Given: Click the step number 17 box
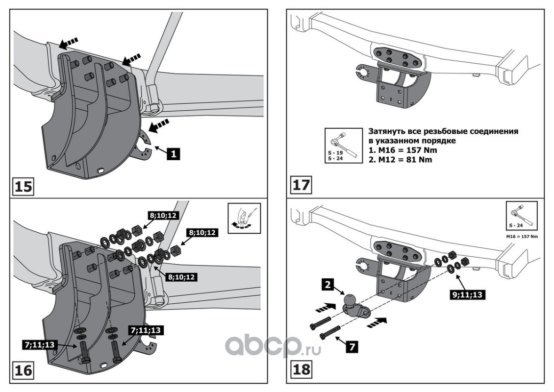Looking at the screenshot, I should [301, 186].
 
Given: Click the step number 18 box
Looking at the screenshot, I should [301, 369].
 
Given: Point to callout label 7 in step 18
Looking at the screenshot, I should [350, 346].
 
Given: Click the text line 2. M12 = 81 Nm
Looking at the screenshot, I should [398, 160].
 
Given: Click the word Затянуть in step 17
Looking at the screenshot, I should [385, 132].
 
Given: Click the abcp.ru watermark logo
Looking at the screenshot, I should [273, 346].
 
